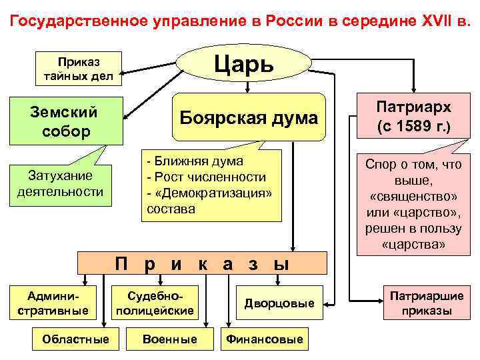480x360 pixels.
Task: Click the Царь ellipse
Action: pos(243,65)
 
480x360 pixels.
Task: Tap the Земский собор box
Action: pos(65,121)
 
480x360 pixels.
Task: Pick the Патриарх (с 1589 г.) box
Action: pos(413,118)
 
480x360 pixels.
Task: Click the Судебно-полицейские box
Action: pos(155,303)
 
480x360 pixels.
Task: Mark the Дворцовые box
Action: pos(279,304)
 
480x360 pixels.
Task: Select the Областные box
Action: pos(75,339)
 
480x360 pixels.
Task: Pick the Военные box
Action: pos(170,339)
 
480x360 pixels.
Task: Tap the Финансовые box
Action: pos(265,339)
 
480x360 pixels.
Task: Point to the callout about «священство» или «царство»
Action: pos(414,204)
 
